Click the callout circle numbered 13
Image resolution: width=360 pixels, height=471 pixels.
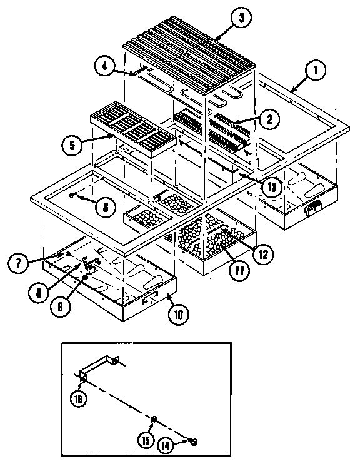click(x=271, y=185)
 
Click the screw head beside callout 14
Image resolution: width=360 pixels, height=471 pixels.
click(x=193, y=443)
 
